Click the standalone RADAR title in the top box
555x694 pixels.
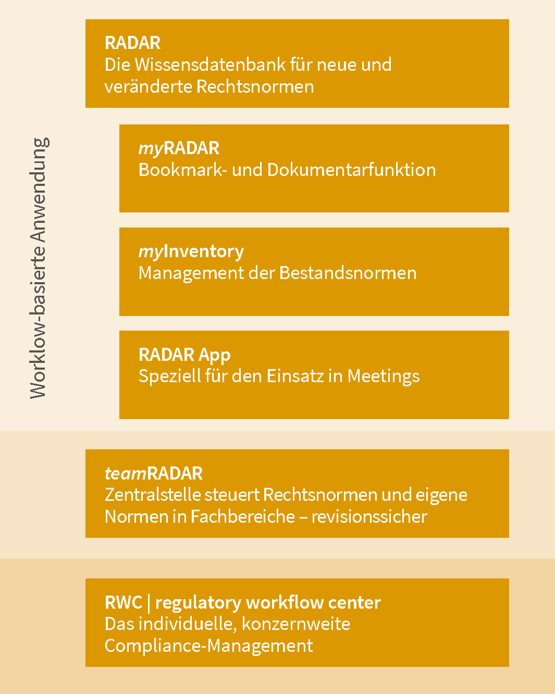coord(132,43)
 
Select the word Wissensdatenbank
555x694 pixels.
coord(210,65)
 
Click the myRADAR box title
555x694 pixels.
coord(179,148)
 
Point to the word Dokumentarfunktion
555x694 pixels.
coord(351,170)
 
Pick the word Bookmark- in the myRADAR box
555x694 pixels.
coord(181,170)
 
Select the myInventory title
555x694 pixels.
coord(191,251)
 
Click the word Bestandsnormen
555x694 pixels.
coord(348,273)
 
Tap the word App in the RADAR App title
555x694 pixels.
coord(214,355)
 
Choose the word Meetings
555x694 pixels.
coord(384,376)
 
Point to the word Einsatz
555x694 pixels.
coord(295,376)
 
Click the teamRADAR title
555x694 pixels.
coord(154,473)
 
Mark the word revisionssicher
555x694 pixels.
coord(369,516)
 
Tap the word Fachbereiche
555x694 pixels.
coord(243,516)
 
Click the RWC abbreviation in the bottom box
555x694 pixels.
coord(124,602)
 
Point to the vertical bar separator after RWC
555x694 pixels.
coord(149,603)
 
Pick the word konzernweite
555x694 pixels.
coord(296,624)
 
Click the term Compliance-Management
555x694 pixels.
coord(209,646)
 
